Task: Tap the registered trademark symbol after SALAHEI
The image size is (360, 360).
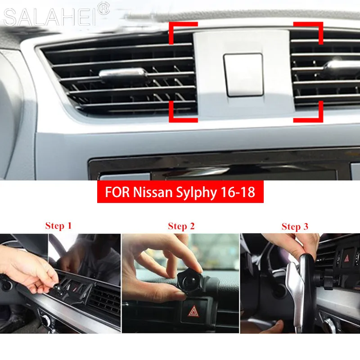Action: (x=103, y=9)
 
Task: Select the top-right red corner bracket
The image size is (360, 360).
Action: (x=310, y=30)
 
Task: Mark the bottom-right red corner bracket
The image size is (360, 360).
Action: (x=310, y=112)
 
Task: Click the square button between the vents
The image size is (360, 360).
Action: (x=243, y=74)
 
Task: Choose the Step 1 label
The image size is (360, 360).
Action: (x=58, y=225)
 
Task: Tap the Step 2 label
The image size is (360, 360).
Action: (x=181, y=226)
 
